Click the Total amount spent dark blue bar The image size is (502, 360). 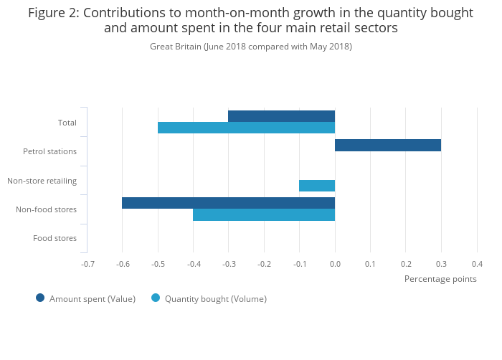point(281,116)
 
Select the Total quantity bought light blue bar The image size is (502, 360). point(246,128)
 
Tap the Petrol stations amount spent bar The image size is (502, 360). point(388,145)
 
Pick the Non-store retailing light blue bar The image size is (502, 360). point(317,186)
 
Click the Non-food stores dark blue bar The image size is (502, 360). point(228,203)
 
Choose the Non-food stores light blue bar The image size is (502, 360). point(264,214)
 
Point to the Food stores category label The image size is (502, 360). point(55,238)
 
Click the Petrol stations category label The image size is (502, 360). point(49,151)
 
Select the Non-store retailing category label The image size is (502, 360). point(42,180)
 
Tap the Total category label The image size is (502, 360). point(67,123)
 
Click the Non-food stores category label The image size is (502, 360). point(46,209)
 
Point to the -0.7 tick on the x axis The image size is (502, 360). point(87,264)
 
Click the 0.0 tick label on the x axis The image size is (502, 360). point(335,264)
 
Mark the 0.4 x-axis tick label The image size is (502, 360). point(477,264)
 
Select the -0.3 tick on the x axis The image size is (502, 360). point(229,264)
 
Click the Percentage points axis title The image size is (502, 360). point(440,278)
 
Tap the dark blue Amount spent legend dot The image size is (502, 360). point(40,298)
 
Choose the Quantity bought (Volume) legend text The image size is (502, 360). point(215,298)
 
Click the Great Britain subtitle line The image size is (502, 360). point(251,47)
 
